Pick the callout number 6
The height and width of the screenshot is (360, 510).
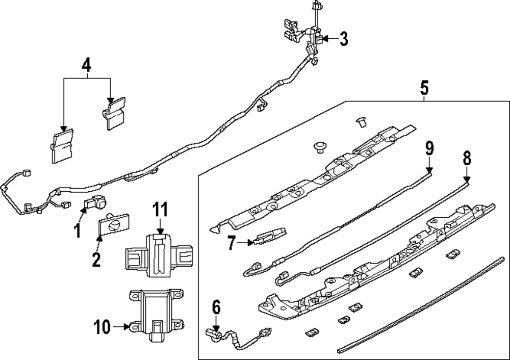216,307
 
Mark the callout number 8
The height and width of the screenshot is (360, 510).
467,158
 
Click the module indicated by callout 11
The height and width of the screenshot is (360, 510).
159,254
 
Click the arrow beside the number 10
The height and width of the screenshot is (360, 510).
122,326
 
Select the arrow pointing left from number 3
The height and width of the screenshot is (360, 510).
328,39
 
